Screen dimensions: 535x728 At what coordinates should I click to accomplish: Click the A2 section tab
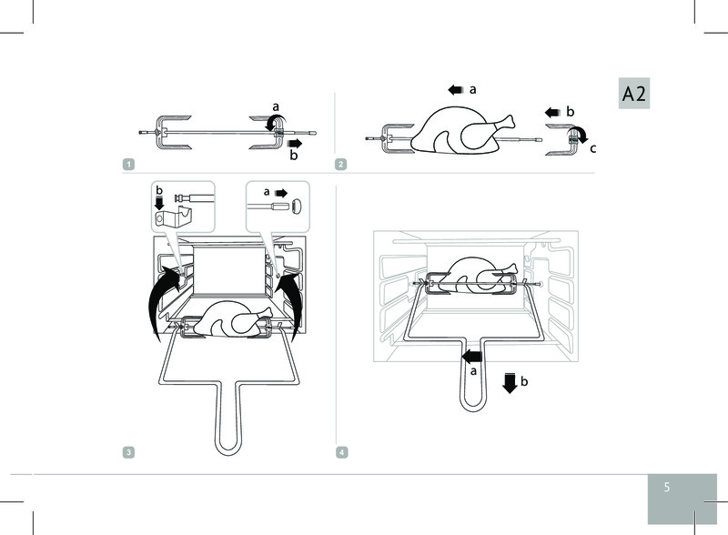click(633, 95)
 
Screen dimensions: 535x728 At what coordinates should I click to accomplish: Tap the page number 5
click(666, 487)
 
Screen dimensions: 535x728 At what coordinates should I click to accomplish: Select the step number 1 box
click(130, 164)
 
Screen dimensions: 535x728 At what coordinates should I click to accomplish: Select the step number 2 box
click(340, 164)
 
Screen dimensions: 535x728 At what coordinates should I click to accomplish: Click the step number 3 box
click(130, 452)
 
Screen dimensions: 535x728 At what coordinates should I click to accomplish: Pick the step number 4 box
click(340, 452)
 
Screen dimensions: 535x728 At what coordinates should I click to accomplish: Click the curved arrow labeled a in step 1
click(276, 126)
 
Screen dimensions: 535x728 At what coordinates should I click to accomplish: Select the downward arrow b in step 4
click(510, 383)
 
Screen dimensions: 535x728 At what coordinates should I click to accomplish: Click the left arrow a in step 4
click(471, 355)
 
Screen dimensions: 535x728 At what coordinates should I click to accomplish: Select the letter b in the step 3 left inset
click(160, 191)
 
